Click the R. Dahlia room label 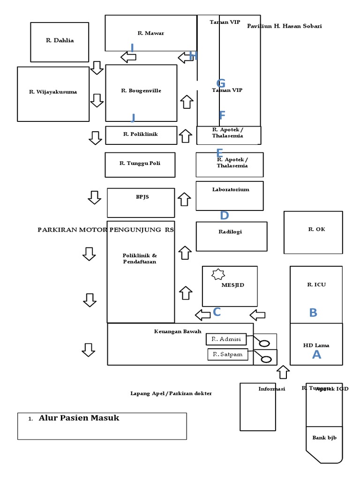pyautogui.click(x=60, y=40)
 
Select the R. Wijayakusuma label pyautogui.click(x=53, y=92)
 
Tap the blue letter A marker pyautogui.click(x=317, y=355)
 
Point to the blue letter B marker pyautogui.click(x=313, y=313)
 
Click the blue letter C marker pyautogui.click(x=217, y=312)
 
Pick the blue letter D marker pyautogui.click(x=225, y=216)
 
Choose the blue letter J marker pyautogui.click(x=133, y=118)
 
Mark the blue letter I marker pyautogui.click(x=133, y=48)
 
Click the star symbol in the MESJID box pyautogui.click(x=218, y=274)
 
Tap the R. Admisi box pyautogui.click(x=226, y=339)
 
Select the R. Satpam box pyautogui.click(x=227, y=354)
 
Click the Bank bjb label pyautogui.click(x=324, y=438)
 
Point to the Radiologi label pyautogui.click(x=230, y=232)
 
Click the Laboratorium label pyautogui.click(x=231, y=189)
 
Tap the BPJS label pyautogui.click(x=142, y=197)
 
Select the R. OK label pyautogui.click(x=316, y=229)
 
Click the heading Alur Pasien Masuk pyautogui.click(x=79, y=418)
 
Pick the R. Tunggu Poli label pyautogui.click(x=140, y=163)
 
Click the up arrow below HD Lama pyautogui.click(x=283, y=372)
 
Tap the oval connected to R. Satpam pyautogui.click(x=266, y=360)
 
